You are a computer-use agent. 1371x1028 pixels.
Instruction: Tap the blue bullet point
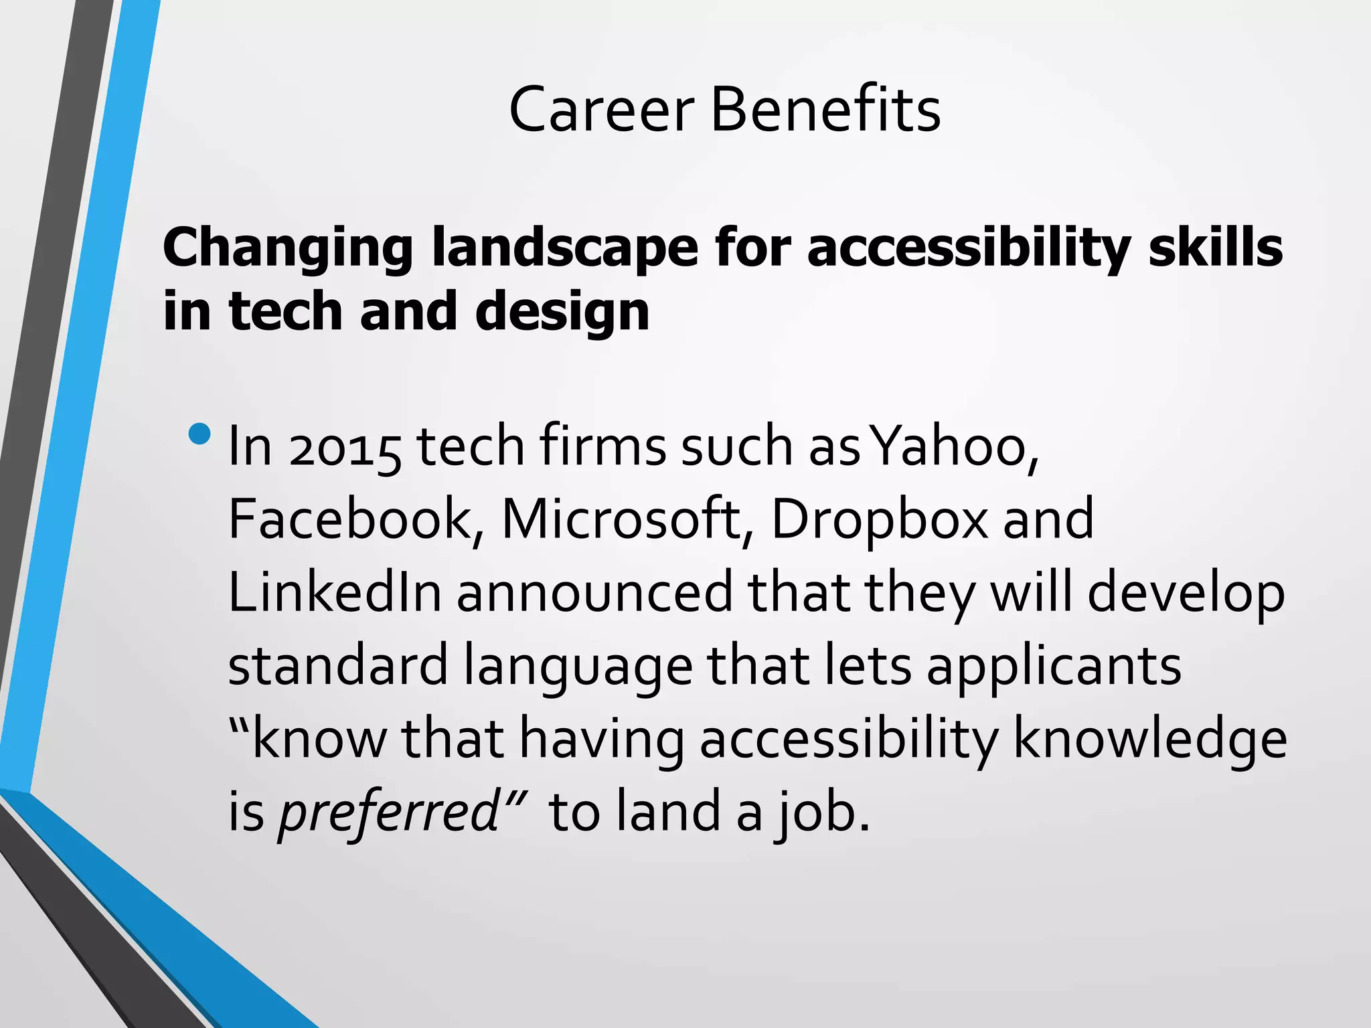[x=199, y=434]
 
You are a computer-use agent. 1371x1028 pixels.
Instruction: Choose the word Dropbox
[x=879, y=521]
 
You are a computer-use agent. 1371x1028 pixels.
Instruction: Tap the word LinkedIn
[x=335, y=592]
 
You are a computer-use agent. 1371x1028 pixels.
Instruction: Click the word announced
[x=595, y=592]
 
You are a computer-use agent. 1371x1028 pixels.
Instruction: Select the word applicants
[x=1054, y=667]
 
